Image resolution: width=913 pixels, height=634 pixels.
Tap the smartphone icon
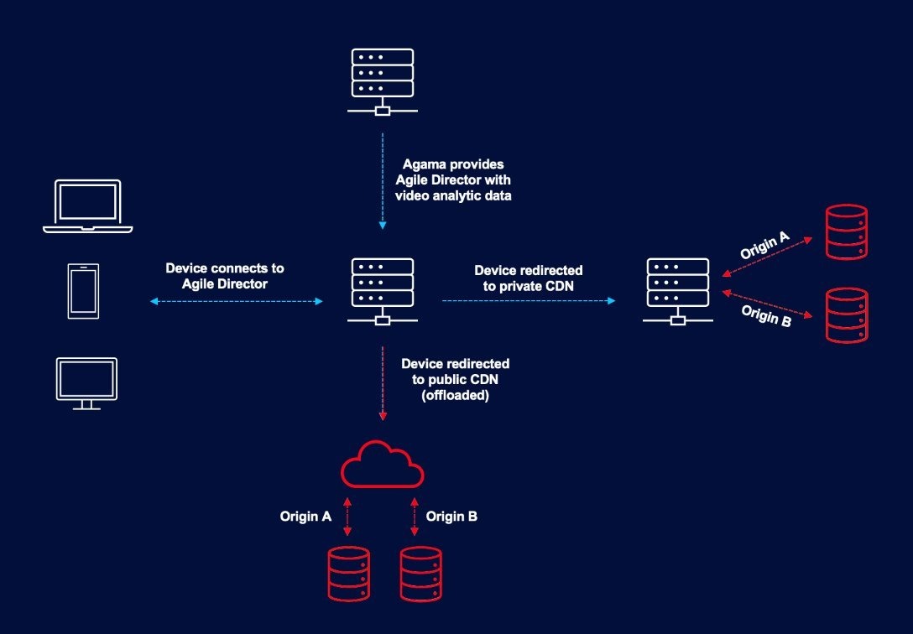coord(83,291)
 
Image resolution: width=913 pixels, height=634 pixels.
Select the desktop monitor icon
coord(86,383)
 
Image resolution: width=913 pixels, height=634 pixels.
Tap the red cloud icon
coord(382,465)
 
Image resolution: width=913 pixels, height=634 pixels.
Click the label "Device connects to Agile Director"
coord(225,276)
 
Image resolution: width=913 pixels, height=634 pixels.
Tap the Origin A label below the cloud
coord(305,517)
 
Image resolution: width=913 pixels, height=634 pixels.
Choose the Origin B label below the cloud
coord(451,517)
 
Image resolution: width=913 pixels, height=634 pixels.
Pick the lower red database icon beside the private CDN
coord(847,315)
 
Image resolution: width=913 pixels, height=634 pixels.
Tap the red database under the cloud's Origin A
coord(348,574)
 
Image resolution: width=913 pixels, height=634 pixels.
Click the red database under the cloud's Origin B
coord(421,574)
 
